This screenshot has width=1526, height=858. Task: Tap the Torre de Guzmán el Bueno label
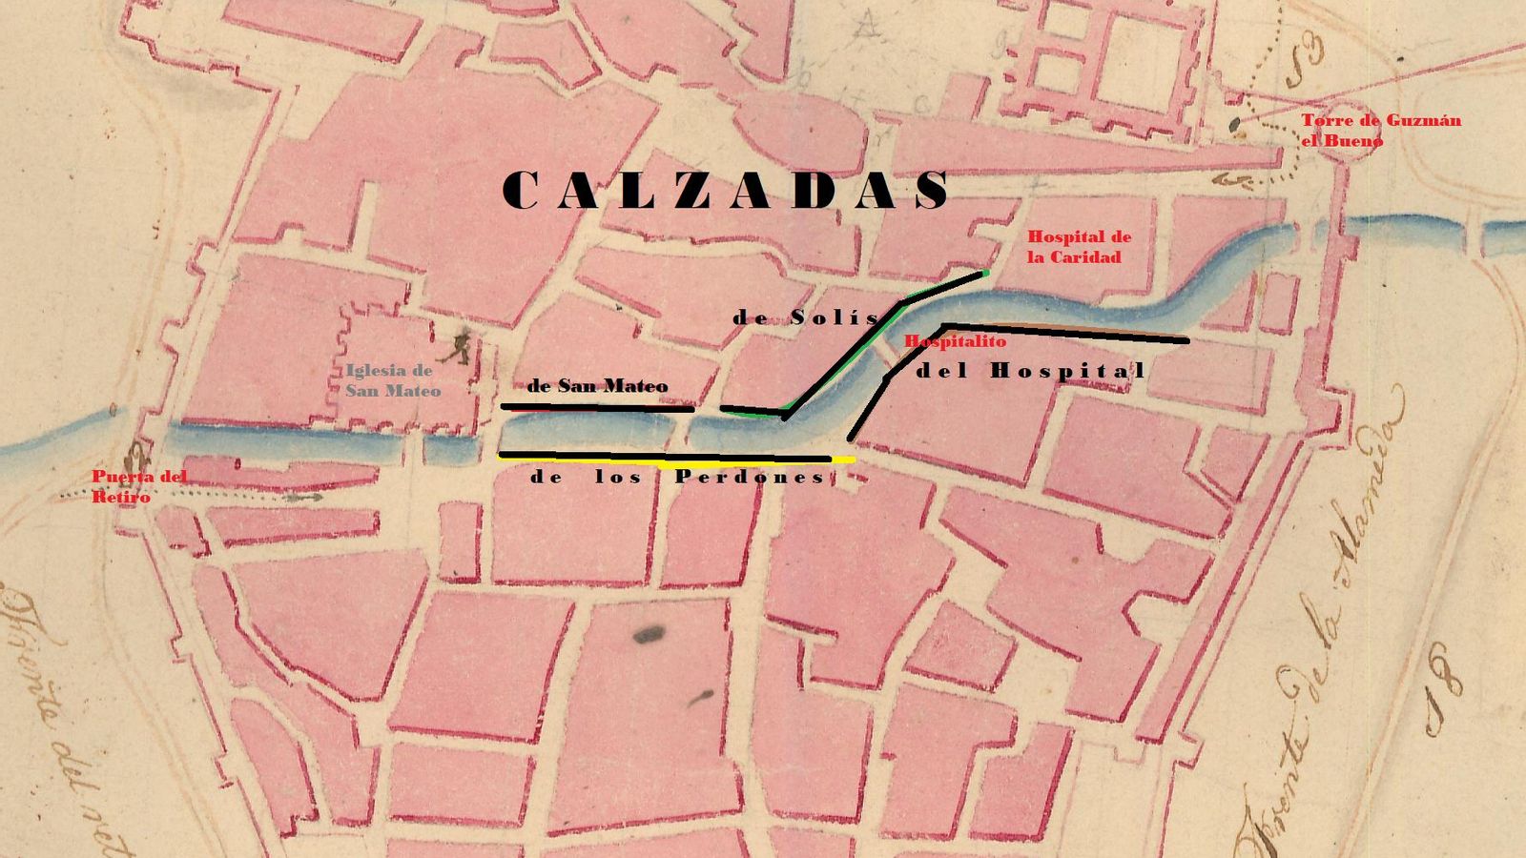tap(1380, 131)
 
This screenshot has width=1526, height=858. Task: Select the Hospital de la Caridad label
tap(1078, 247)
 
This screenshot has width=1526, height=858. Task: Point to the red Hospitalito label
tap(955, 340)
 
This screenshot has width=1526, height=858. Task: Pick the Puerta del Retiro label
tap(139, 486)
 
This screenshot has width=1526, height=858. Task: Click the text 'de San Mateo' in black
tap(597, 386)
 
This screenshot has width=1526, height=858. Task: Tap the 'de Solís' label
tap(806, 318)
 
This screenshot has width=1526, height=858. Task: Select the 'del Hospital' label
tap(1030, 371)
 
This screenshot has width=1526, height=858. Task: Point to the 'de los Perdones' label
tap(677, 477)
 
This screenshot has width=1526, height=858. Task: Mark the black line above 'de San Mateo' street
tap(597, 408)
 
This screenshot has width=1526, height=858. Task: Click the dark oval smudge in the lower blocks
tap(650, 633)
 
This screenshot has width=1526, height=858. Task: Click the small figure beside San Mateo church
tap(462, 347)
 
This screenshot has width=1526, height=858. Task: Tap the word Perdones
tap(750, 477)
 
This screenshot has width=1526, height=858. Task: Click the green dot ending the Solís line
tap(985, 274)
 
